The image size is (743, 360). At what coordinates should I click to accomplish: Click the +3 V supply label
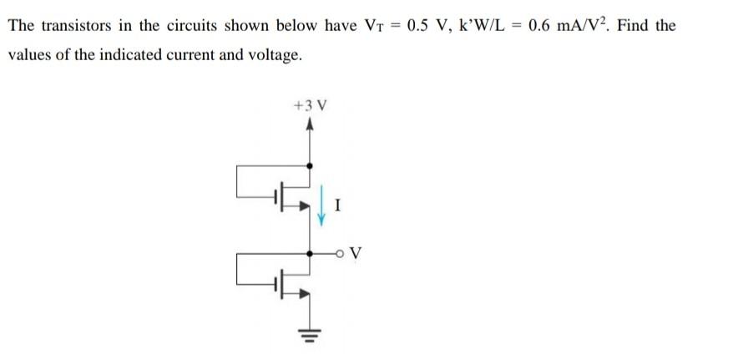coord(311,106)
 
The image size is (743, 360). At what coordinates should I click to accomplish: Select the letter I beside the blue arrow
coord(336,202)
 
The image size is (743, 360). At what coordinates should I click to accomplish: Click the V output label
coord(356,252)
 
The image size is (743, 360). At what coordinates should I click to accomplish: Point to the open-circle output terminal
coord(341,251)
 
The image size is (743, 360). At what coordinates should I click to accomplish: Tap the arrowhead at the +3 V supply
coord(311,125)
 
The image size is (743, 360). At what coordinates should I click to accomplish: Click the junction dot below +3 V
coord(311,166)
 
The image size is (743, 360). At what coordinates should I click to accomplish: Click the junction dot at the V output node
coord(311,251)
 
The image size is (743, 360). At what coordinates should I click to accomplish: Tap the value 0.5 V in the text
coord(424,25)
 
